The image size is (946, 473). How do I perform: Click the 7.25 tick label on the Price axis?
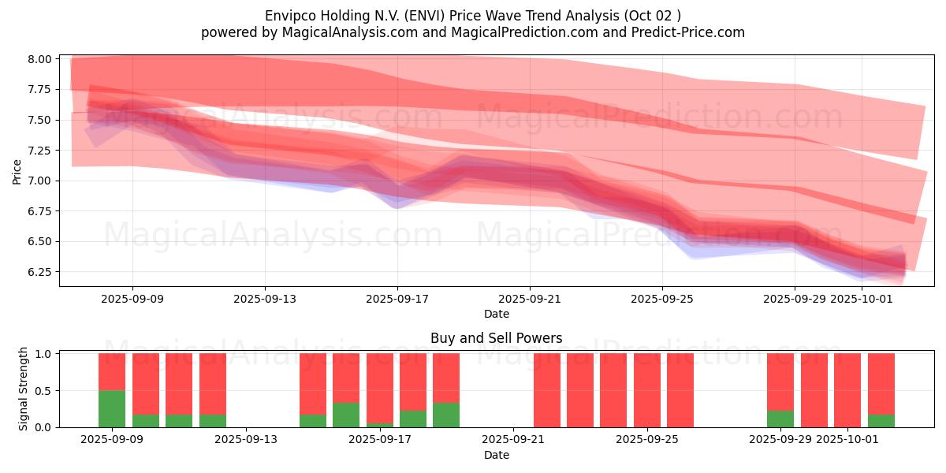[x=41, y=151]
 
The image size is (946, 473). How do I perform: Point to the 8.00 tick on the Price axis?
[x=41, y=59]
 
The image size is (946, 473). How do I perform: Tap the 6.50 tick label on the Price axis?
[x=41, y=242]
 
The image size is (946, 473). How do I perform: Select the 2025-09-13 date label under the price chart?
[x=265, y=299]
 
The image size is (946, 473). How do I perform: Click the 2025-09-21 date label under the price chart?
[x=530, y=299]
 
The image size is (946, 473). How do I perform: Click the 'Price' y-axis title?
[x=17, y=170]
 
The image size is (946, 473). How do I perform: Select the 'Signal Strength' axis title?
[x=24, y=389]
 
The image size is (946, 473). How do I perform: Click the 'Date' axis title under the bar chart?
[x=497, y=455]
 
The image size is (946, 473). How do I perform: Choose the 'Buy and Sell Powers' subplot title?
[x=497, y=338]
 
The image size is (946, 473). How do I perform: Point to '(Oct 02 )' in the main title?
[x=651, y=15]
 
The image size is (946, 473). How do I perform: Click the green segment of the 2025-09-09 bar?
[x=112, y=408]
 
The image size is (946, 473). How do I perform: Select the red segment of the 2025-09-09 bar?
[x=112, y=371]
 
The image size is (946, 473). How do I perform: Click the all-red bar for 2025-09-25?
[x=647, y=390]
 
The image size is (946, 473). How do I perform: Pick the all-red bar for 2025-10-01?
[x=847, y=390]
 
